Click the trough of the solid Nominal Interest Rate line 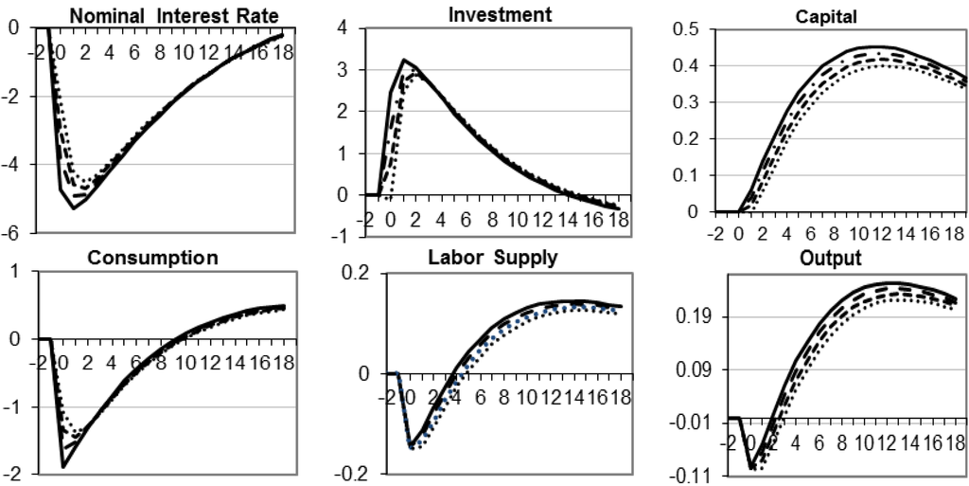click(73, 207)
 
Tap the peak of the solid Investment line click(404, 61)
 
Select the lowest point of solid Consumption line click(63, 466)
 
